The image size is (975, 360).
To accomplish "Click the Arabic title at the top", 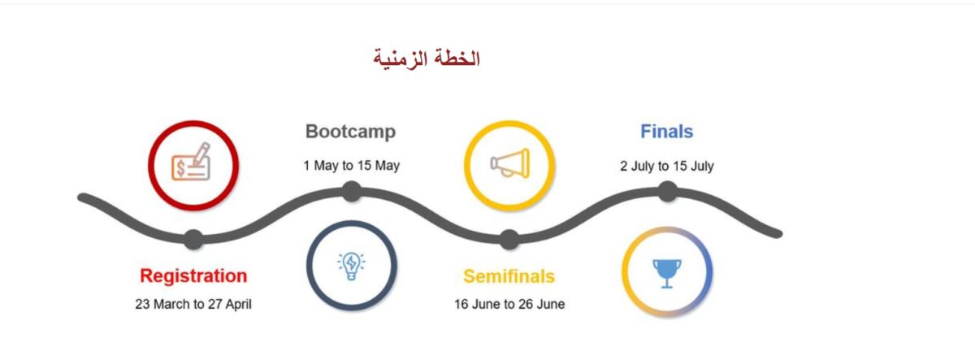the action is click(427, 59).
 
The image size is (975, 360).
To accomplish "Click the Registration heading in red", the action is click(193, 276).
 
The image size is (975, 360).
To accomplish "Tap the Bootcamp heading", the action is click(350, 132).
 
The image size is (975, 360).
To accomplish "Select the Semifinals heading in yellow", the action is click(509, 276).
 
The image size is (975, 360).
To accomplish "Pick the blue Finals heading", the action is click(666, 132).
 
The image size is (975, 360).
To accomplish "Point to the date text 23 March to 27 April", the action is click(193, 304).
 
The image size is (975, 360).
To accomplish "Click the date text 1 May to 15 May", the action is click(351, 166).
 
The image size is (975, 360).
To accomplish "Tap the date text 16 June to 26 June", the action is click(509, 304).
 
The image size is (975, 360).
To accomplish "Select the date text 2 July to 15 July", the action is click(667, 166).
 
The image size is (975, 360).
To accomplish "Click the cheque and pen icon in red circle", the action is click(191, 162).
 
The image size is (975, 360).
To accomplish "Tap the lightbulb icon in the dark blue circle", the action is click(351, 266).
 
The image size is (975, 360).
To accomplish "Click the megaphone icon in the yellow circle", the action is click(510, 163).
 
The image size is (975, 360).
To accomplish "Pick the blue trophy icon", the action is click(667, 273).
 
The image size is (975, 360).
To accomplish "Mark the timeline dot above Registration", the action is click(193, 239).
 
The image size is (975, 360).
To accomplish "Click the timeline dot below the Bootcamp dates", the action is click(352, 192).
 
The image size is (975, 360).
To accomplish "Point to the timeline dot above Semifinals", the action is click(509, 240).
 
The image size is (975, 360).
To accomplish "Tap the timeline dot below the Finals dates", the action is click(667, 192).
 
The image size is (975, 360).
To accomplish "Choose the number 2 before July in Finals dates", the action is click(624, 166).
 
